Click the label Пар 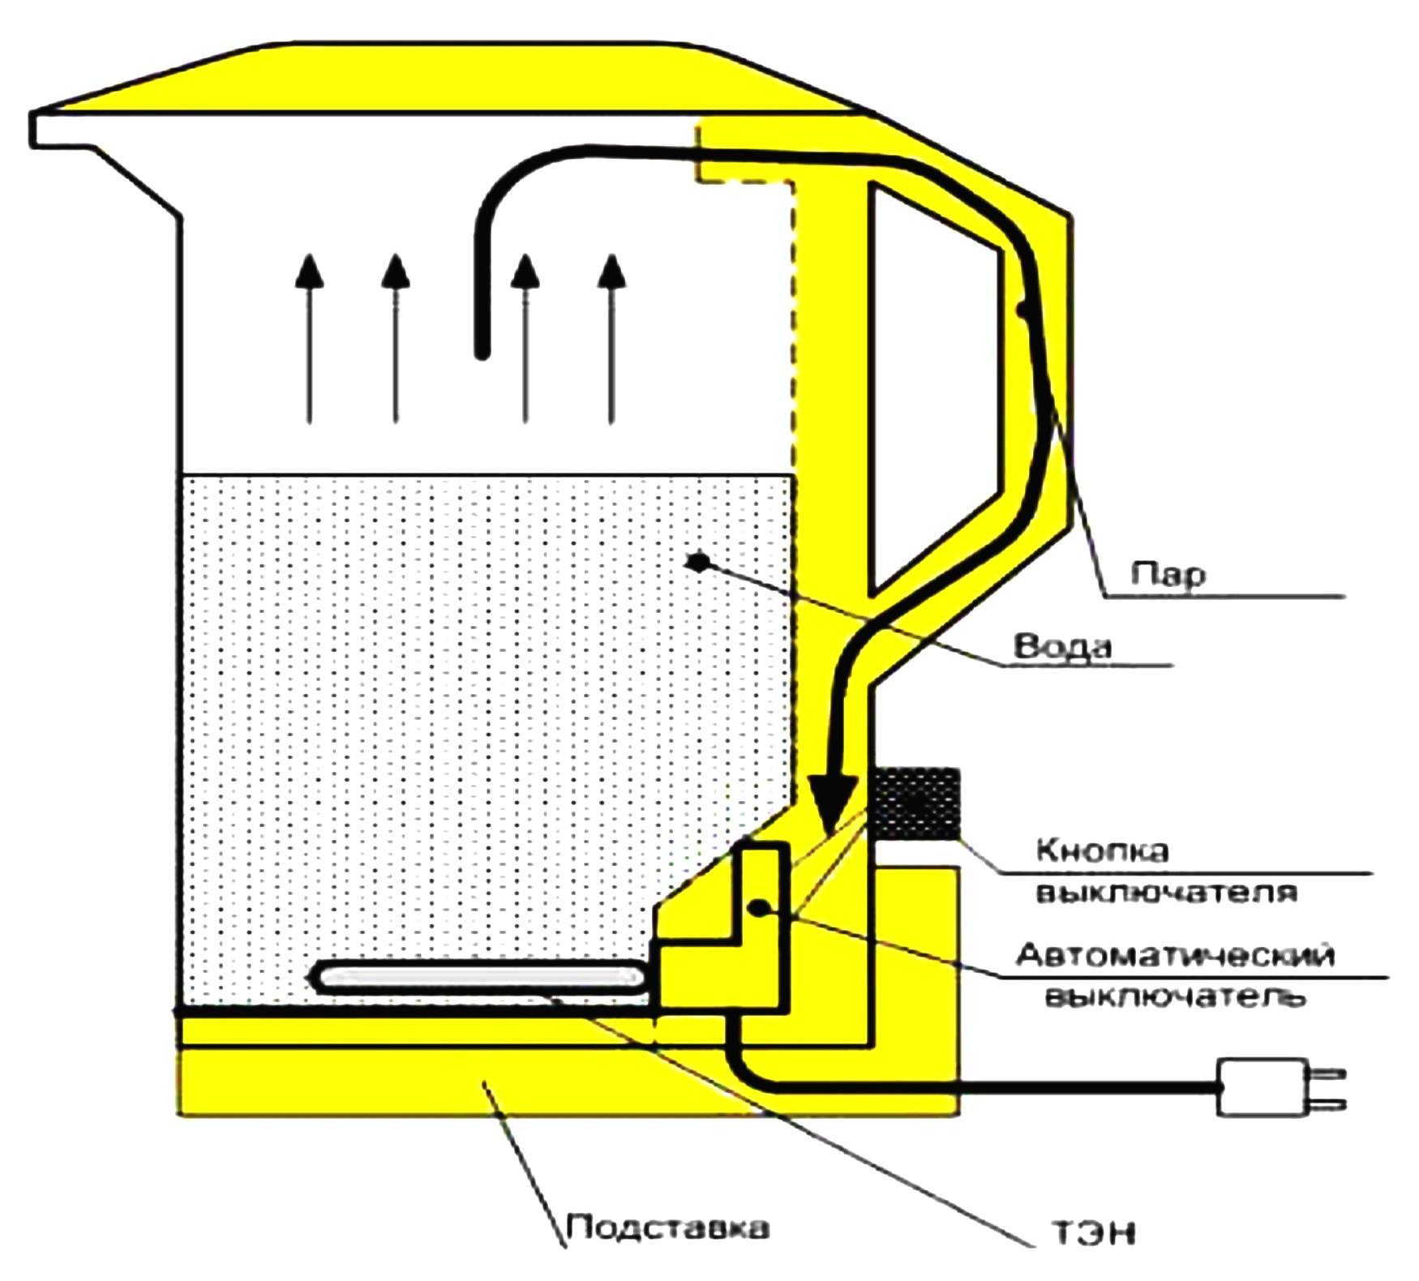[1168, 574]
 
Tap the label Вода [1062, 647]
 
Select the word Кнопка [1103, 850]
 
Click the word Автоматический [1175, 955]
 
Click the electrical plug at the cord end [1265, 1087]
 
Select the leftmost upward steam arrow [309, 341]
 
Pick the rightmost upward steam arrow [612, 341]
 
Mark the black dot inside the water [697, 561]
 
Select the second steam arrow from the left [396, 341]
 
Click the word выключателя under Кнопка [1168, 893]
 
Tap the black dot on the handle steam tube [1025, 309]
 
